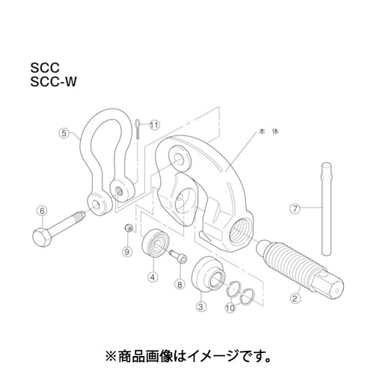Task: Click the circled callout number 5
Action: [x=64, y=133]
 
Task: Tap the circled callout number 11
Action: [x=155, y=125]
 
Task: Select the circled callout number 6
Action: [x=42, y=211]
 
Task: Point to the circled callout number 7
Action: [x=295, y=208]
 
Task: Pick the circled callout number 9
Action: [x=127, y=252]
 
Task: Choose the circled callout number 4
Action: [x=153, y=277]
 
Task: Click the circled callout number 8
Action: [x=180, y=284]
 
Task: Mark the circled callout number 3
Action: [x=201, y=307]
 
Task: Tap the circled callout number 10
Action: [x=230, y=308]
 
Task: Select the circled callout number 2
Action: [x=295, y=298]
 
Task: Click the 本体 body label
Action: [x=269, y=132]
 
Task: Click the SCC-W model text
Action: [x=53, y=82]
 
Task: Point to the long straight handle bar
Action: [x=327, y=209]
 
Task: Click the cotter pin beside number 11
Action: [x=138, y=131]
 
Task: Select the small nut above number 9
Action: [x=129, y=227]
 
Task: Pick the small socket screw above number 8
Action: [x=178, y=257]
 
